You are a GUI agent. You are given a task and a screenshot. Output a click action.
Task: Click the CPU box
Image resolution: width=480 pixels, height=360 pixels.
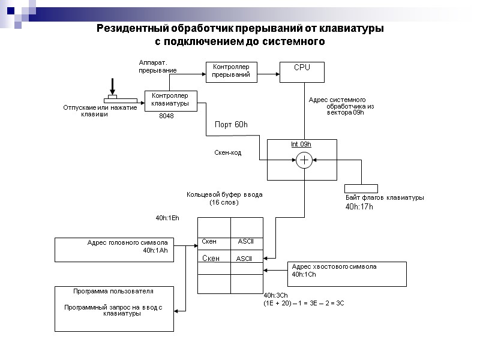click(x=302, y=71)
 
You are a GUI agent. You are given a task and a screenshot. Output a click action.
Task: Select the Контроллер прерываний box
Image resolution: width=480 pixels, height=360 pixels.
click(x=231, y=71)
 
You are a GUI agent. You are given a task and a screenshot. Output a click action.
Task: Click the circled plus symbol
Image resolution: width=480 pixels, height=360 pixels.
click(x=304, y=160)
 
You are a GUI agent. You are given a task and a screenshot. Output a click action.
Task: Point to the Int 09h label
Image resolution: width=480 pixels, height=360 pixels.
click(x=301, y=144)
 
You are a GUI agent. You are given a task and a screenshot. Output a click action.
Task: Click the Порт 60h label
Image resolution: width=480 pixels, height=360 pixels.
click(x=231, y=125)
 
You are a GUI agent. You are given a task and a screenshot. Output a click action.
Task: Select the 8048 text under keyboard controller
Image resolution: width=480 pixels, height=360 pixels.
click(x=166, y=116)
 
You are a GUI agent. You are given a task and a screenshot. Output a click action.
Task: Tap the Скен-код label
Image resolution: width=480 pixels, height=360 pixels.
click(x=228, y=153)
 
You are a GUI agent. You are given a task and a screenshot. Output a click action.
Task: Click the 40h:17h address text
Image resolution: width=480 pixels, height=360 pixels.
click(x=359, y=206)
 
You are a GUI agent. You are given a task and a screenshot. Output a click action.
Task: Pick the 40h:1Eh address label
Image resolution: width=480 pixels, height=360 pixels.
click(x=167, y=218)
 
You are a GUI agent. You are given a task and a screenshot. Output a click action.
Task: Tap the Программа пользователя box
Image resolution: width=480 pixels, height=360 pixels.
click(x=114, y=308)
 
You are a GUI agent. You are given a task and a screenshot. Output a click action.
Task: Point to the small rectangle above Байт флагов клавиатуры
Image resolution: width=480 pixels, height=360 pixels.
click(x=361, y=188)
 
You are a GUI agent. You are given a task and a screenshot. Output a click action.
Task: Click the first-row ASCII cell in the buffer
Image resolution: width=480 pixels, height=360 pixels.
click(x=247, y=241)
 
